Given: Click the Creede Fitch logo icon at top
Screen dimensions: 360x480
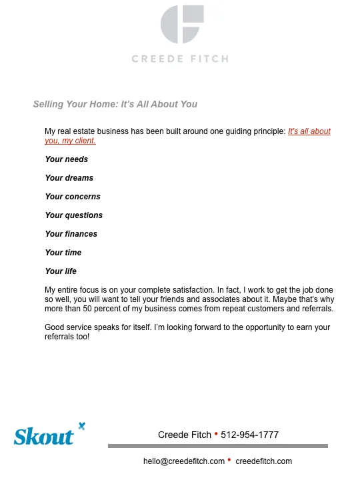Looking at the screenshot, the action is tap(180, 24).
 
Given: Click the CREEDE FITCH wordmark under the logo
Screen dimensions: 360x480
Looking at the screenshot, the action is tap(180, 59).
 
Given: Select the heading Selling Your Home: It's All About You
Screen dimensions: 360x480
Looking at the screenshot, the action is tap(115, 104).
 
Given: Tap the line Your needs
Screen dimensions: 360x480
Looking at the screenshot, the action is tap(67, 159).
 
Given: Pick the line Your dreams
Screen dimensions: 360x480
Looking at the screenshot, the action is tap(69, 178).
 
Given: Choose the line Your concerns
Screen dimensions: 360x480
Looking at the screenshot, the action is tap(73, 197).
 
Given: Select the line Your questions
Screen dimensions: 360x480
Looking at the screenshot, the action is tap(74, 215).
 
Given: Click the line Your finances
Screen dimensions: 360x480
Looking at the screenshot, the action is tap(71, 234).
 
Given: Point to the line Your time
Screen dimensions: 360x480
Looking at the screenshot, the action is tap(63, 253).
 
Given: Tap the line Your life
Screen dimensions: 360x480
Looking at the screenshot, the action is tap(61, 271).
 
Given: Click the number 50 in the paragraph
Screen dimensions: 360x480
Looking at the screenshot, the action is tap(91, 309).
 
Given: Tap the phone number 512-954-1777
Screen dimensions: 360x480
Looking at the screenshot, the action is tap(249, 435).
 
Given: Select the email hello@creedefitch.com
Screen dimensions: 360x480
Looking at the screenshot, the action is tap(184, 461).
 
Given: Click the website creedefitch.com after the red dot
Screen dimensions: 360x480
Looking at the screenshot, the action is tap(264, 461).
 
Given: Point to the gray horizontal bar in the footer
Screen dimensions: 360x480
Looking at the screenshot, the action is tap(218, 446).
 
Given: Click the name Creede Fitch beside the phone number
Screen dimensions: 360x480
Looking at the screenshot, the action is tap(185, 435).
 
